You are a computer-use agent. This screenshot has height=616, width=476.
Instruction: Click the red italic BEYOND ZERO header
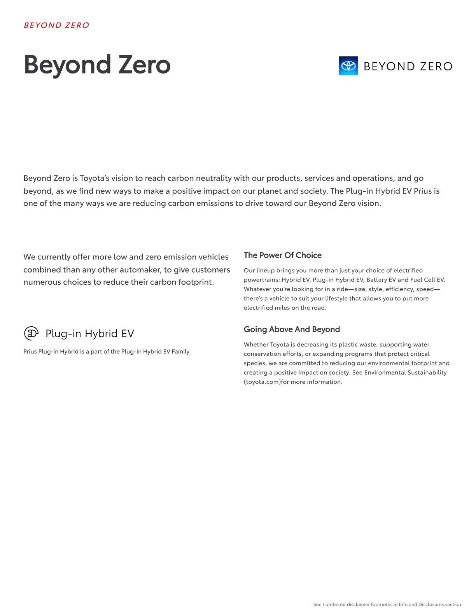point(56,25)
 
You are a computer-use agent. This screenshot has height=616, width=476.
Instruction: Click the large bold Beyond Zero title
point(97,65)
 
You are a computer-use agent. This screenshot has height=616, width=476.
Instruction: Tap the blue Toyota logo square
point(348,66)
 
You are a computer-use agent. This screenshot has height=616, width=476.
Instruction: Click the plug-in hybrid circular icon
point(31,333)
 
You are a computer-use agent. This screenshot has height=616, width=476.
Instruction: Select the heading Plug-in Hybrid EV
point(90,334)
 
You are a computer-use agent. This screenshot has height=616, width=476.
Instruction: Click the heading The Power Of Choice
point(282,255)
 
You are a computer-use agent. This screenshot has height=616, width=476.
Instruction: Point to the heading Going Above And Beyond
point(292,329)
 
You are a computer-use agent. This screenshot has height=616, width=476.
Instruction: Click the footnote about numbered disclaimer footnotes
point(388,604)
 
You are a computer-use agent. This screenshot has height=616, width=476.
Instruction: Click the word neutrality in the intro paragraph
point(213,178)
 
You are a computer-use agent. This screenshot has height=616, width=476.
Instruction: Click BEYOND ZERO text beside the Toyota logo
point(408,66)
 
